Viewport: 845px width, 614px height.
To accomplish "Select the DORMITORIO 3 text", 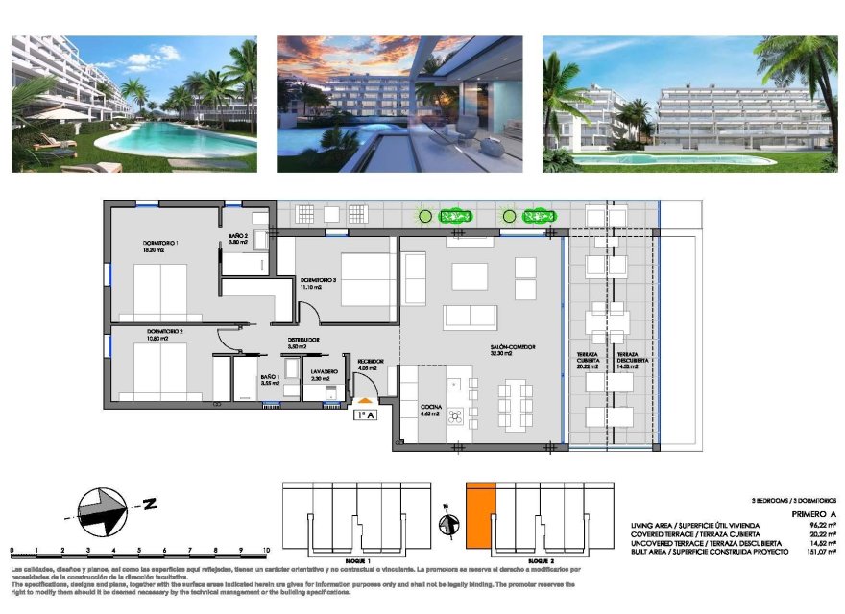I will pos(317,281).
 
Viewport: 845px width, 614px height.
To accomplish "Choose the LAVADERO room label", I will pos(324,371).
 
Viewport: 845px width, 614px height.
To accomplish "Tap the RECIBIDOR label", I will pos(371,362).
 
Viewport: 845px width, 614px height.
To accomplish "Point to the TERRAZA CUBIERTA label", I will pos(587,360).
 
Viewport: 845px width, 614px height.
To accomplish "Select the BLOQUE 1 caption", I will pos(356,559).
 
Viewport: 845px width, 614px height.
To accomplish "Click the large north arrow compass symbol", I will pos(102,511).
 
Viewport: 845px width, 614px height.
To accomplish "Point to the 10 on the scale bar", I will pos(264,551).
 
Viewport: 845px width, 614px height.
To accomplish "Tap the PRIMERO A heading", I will pos(814,515).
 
